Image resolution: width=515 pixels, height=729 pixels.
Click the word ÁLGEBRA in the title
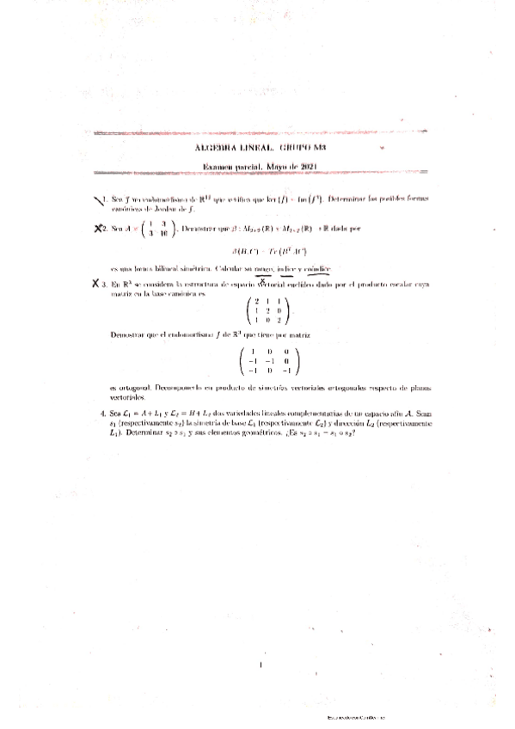click(218, 148)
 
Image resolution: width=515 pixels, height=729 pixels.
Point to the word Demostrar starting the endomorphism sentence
click(130, 333)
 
